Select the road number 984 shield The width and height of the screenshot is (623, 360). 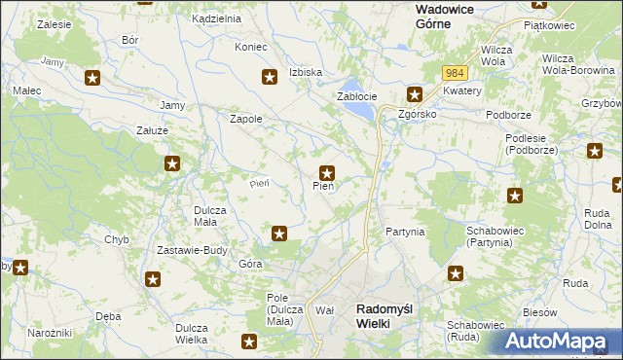click(x=455, y=73)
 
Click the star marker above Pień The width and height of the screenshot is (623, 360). click(x=328, y=172)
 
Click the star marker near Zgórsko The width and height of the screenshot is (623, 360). click(x=415, y=94)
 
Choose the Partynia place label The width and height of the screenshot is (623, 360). click(x=405, y=232)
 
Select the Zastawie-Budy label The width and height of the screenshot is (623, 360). click(x=192, y=250)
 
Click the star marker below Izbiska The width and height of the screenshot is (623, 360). click(x=270, y=77)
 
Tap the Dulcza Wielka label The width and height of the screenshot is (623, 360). click(x=193, y=334)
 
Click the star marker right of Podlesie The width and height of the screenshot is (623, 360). click(x=595, y=151)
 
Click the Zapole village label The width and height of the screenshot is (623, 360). click(x=245, y=119)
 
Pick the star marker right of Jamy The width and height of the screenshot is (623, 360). click(x=92, y=77)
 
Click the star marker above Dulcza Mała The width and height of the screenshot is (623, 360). click(x=172, y=164)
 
